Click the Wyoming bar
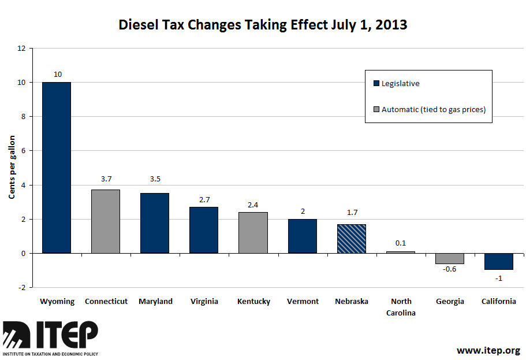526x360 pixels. (57, 168)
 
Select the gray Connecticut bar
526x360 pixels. (106, 221)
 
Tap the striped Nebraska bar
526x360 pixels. (351, 239)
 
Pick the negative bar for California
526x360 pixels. (498, 261)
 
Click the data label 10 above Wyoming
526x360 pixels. (57, 74)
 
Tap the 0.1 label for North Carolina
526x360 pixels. (401, 243)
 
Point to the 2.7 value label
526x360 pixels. (204, 199)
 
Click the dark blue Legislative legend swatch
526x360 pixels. (376, 83)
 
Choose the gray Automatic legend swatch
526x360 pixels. (376, 109)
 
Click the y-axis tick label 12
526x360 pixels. (22, 49)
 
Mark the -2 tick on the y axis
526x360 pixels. (22, 287)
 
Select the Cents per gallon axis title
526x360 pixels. (11, 168)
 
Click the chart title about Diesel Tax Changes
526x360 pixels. (263, 25)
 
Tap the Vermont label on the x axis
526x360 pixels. (302, 302)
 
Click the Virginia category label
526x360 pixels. (204, 302)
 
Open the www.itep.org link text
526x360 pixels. (488, 350)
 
